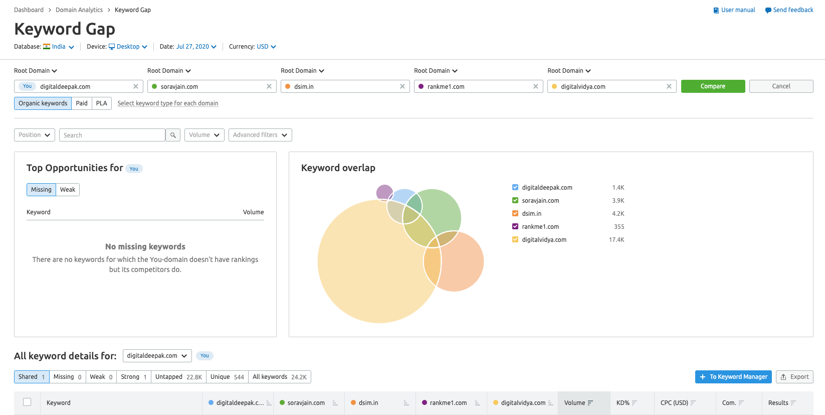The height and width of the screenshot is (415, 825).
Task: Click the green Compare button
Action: [x=713, y=86]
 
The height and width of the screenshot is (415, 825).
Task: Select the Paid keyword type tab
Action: [x=82, y=103]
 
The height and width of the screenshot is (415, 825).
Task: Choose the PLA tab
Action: [x=102, y=103]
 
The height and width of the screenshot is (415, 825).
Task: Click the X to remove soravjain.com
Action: [x=269, y=86]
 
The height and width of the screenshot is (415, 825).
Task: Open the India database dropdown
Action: [x=59, y=47]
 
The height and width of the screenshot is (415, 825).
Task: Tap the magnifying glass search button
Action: [x=173, y=135]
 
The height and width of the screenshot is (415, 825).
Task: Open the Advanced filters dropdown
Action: [x=260, y=135]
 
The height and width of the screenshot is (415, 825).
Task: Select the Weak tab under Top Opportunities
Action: [x=68, y=190]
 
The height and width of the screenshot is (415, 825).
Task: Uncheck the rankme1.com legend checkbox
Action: [x=515, y=226]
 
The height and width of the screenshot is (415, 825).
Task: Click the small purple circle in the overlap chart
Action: [x=384, y=192]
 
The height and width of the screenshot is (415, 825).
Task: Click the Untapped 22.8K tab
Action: [x=178, y=377]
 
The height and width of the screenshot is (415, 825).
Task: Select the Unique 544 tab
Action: [x=227, y=377]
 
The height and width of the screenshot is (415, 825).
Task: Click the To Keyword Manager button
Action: [x=733, y=377]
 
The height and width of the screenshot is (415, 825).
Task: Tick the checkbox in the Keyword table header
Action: [x=27, y=402]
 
